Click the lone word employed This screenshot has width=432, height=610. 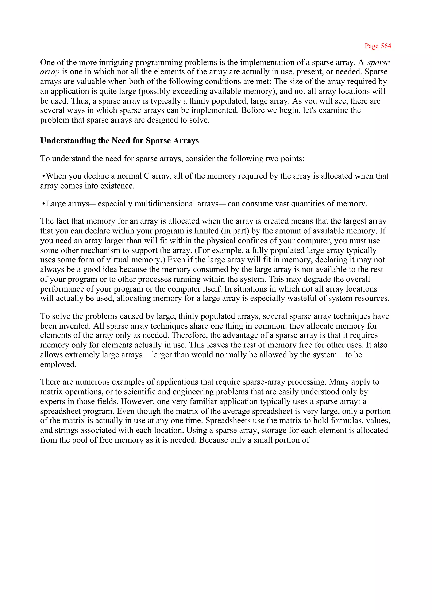tap(58, 365)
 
